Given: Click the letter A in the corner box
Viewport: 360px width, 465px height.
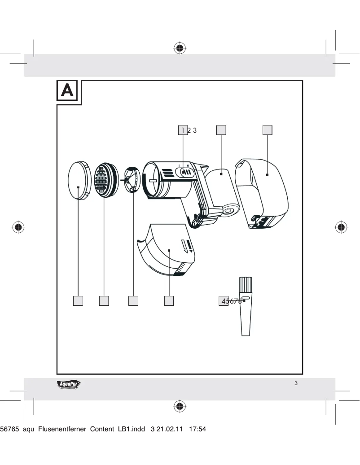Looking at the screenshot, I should (68, 92).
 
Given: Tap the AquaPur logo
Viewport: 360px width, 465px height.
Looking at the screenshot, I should (69, 384).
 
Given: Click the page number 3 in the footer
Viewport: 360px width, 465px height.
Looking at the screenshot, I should (296, 383).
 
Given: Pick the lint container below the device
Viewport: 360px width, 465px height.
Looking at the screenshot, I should (168, 251).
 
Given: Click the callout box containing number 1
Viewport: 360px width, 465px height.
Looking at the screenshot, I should (183, 130).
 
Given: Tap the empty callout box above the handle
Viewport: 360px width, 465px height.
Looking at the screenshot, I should (221, 130).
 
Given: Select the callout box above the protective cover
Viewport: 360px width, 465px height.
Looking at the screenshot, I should (268, 130).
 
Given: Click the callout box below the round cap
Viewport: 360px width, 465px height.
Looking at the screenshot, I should (79, 301).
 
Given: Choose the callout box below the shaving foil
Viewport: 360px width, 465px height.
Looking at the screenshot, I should (104, 301).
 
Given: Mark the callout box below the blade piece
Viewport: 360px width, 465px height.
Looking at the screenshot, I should (133, 301).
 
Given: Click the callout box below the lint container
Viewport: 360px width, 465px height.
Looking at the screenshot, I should (169, 301).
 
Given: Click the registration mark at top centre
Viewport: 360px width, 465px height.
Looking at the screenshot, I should (180, 48).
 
